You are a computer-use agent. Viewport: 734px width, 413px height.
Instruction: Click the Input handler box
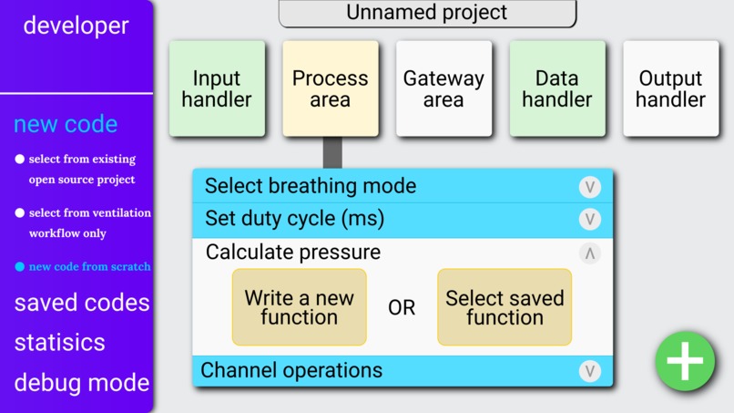(x=217, y=88)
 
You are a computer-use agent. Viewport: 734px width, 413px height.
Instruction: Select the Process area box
(x=330, y=88)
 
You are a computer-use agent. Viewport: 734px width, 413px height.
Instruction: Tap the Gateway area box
(x=443, y=88)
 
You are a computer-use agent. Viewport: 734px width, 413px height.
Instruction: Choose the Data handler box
(x=556, y=88)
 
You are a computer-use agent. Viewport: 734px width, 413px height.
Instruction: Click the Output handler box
(x=670, y=88)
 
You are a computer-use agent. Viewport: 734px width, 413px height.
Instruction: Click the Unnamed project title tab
(x=427, y=14)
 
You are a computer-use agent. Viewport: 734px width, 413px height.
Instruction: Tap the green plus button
(x=685, y=362)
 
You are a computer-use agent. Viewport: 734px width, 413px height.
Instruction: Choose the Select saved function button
(x=505, y=307)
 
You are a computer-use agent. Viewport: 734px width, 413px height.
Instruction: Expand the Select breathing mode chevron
(x=589, y=187)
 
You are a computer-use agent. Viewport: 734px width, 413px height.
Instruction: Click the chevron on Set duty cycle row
(x=589, y=220)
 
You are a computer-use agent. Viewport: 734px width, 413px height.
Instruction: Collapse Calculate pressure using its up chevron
(x=589, y=253)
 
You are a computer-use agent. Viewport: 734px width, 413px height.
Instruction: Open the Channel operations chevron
(x=589, y=371)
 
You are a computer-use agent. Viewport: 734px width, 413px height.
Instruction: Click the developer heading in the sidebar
(x=76, y=26)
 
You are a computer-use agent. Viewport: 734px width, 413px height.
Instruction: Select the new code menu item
(x=66, y=124)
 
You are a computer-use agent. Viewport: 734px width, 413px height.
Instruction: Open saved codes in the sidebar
(x=81, y=303)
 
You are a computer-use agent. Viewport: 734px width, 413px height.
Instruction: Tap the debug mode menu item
(x=81, y=383)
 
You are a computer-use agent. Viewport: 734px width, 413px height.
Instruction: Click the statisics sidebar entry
(x=59, y=343)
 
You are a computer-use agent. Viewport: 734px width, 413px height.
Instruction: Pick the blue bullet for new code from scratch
(x=20, y=267)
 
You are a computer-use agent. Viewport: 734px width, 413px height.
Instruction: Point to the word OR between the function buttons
(x=402, y=308)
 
